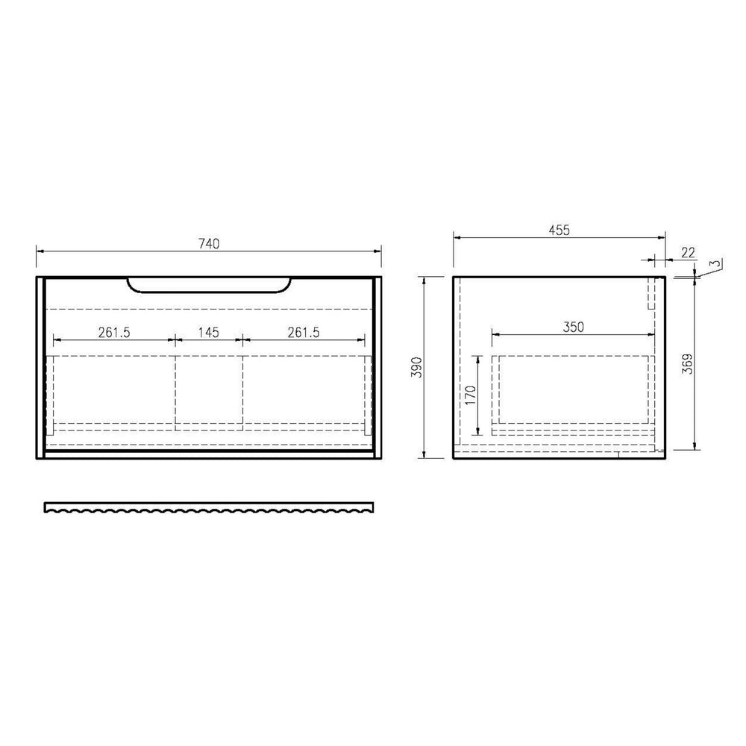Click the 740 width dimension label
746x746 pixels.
[209, 244]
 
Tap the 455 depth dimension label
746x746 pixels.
[559, 231]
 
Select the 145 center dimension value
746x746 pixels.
[208, 332]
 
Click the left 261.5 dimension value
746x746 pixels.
[114, 332]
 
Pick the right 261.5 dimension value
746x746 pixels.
[304, 332]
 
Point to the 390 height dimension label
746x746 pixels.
[417, 367]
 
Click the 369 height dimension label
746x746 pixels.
[688, 364]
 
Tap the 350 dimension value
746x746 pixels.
[573, 327]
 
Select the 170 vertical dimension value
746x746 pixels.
[471, 395]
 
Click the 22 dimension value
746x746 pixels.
[688, 253]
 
